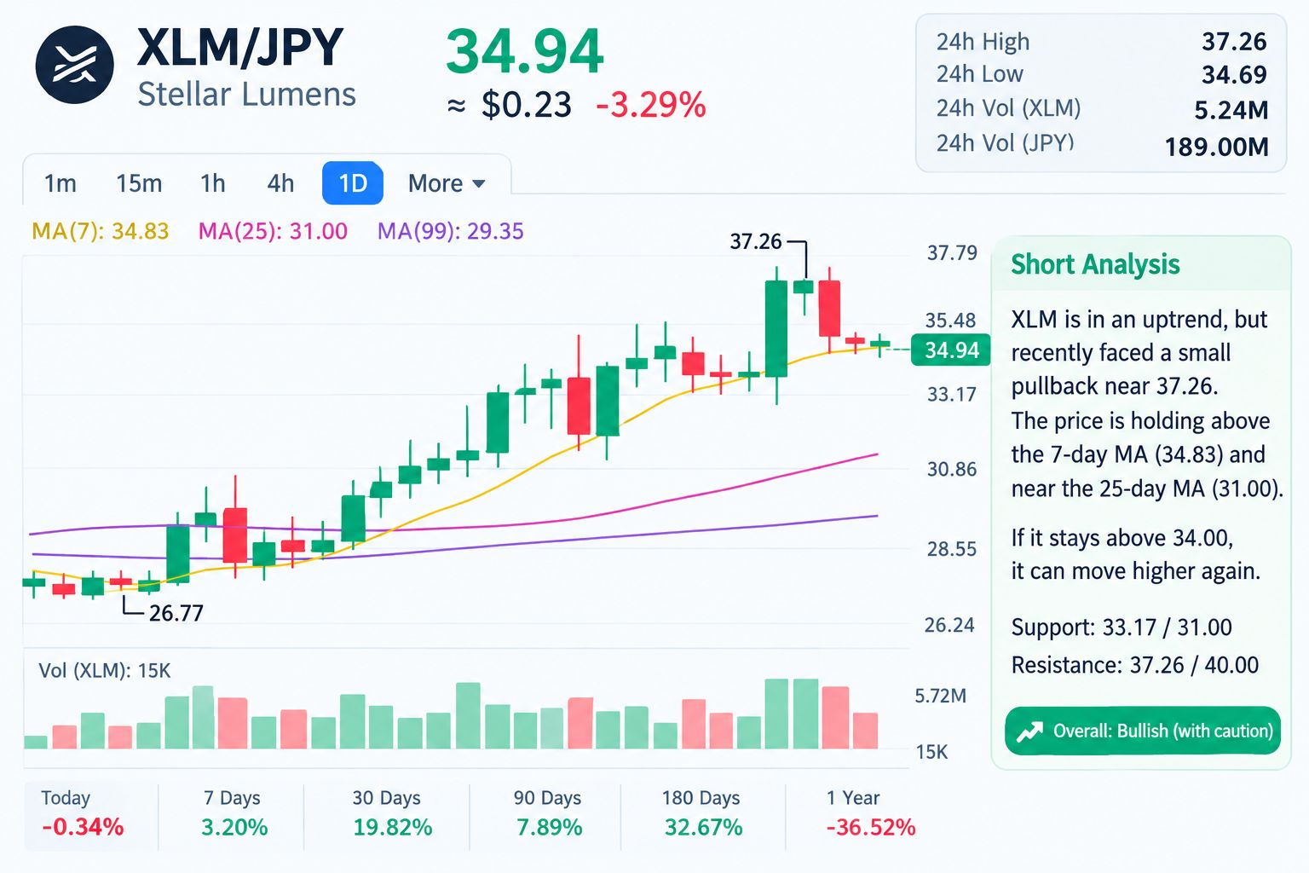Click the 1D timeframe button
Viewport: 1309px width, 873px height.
(x=352, y=183)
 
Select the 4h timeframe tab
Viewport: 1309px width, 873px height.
(x=280, y=183)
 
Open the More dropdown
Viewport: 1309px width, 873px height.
(x=447, y=183)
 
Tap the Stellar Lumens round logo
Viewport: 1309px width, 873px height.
(x=74, y=64)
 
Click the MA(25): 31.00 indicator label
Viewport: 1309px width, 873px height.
(x=273, y=231)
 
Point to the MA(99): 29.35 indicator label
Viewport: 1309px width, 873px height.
(x=451, y=231)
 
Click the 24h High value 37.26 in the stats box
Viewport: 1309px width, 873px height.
(x=1234, y=42)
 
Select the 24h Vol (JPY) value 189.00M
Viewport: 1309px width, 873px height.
(x=1217, y=147)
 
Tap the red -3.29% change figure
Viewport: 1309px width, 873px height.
(x=650, y=105)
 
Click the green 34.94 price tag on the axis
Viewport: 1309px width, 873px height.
(x=951, y=350)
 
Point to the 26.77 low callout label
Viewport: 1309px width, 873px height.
(x=176, y=613)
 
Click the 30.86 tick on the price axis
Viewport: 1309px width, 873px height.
(x=952, y=469)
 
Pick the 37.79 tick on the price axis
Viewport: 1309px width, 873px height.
(x=952, y=252)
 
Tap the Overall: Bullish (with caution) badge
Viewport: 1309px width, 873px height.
(x=1143, y=731)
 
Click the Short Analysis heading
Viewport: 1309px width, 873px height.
(x=1096, y=264)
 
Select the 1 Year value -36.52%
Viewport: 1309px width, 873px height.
(x=871, y=828)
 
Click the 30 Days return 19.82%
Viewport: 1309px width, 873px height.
(x=393, y=828)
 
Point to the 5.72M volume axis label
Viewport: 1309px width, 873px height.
(x=941, y=696)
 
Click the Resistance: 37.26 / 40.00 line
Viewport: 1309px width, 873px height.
(x=1135, y=666)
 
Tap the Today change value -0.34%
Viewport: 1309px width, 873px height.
(x=83, y=828)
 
